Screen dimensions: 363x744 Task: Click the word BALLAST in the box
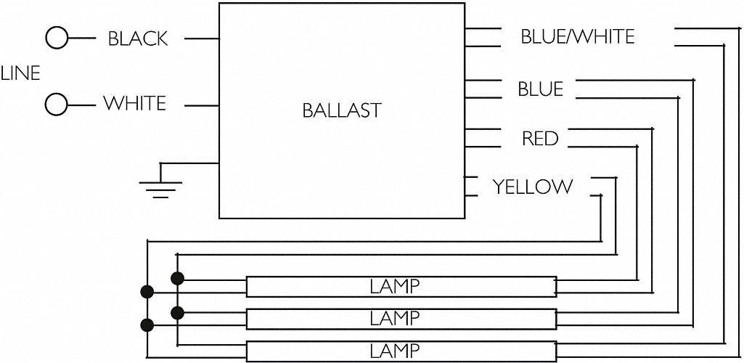pos(341,110)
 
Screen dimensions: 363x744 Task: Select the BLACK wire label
pos(138,38)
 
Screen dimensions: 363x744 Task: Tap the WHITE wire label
pos(135,104)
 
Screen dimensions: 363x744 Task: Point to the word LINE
pos(20,73)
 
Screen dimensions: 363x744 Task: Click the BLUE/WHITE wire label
pos(578,36)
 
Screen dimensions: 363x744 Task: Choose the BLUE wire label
pos(540,89)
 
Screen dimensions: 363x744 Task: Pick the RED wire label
pos(540,138)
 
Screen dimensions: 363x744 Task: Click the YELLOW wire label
pos(533,187)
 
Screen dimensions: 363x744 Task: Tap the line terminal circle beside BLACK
pos(57,38)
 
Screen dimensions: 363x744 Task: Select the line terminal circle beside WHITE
pos(56,105)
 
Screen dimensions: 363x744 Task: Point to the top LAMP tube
pos(401,286)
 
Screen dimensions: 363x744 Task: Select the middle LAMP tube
pos(401,318)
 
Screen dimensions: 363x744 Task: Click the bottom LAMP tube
pos(401,351)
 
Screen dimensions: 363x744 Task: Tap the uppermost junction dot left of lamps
pos(176,277)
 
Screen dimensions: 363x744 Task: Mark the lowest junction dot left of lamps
pos(148,325)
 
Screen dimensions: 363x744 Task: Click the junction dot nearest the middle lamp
pos(176,312)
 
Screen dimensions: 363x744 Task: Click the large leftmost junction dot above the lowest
pos(148,292)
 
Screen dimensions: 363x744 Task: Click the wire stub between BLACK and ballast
pos(201,38)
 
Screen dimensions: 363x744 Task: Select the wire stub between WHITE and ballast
pos(201,105)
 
